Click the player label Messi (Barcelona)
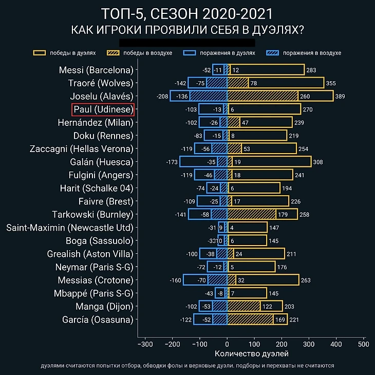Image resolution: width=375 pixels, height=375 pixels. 96,70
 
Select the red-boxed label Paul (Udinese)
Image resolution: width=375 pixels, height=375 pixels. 103,109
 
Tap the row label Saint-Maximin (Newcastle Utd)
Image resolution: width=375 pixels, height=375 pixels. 69,228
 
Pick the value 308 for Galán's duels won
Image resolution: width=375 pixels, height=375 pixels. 318,162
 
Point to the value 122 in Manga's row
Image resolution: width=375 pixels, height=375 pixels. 268,306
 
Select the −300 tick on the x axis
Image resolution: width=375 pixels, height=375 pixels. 145,344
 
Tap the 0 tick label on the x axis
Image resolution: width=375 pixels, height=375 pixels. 227,344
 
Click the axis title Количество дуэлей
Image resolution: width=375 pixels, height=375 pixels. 251,354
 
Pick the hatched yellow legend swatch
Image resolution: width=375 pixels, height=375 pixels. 113,53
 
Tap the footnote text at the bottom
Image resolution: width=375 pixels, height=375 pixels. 188,366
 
